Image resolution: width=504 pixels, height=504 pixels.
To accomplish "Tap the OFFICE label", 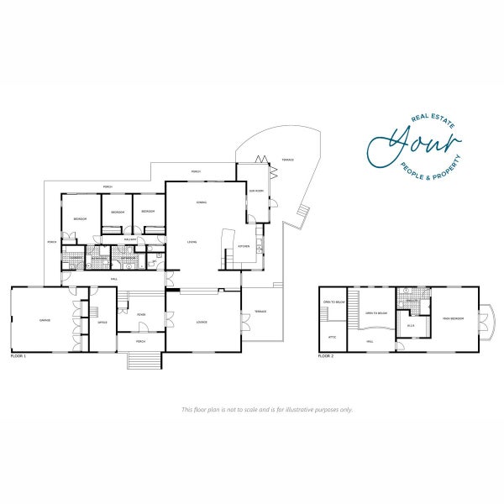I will click(102, 323).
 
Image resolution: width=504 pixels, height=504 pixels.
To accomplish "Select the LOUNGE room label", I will click(202, 322).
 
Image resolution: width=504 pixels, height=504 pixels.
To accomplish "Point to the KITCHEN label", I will click(243, 246).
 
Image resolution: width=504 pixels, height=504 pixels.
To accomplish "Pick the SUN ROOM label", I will click(255, 192).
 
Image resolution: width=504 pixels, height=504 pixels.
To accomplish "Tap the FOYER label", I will click(141, 315).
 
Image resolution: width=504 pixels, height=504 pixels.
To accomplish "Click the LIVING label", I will click(192, 242).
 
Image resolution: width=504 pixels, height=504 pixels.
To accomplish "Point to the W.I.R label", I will click(412, 325).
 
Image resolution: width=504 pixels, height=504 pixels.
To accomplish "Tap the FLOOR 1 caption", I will click(18, 357).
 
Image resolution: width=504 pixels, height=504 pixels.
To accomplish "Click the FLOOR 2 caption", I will click(327, 357).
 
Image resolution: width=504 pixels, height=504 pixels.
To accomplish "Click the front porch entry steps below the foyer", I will click(142, 361).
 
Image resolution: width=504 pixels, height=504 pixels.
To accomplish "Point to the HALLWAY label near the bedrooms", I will click(130, 239).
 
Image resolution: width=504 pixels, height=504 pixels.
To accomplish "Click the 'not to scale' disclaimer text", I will click(267, 410).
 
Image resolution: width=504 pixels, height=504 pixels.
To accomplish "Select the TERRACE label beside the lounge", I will click(260, 312).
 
